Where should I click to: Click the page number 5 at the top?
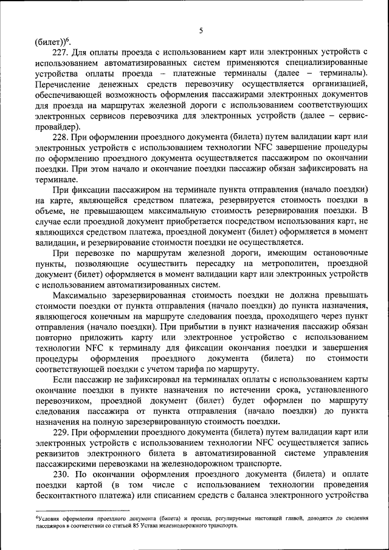tap(200, 31)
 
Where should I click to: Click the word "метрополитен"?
tap(288, 263)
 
